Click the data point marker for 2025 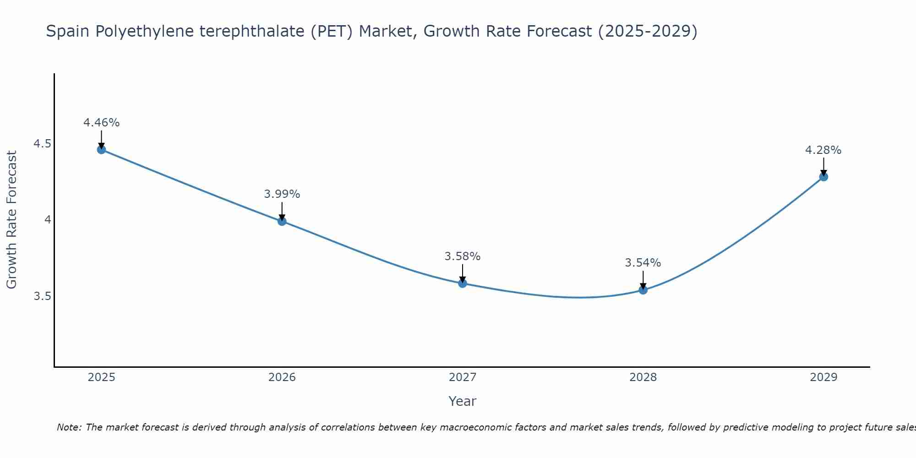(101, 149)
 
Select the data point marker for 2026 (282, 221)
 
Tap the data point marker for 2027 (463, 284)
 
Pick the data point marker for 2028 (643, 290)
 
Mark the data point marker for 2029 (823, 177)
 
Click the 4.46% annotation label (101, 123)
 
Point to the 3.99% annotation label (282, 194)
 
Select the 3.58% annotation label (463, 256)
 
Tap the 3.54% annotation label (643, 263)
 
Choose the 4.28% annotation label (823, 150)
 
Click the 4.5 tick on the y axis (42, 144)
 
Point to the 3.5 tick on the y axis (42, 296)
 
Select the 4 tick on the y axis (47, 220)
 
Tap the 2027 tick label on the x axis (463, 377)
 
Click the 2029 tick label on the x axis (823, 377)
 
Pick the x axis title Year (463, 401)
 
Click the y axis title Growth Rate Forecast (12, 220)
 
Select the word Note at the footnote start (69, 427)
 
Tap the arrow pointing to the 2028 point (643, 279)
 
